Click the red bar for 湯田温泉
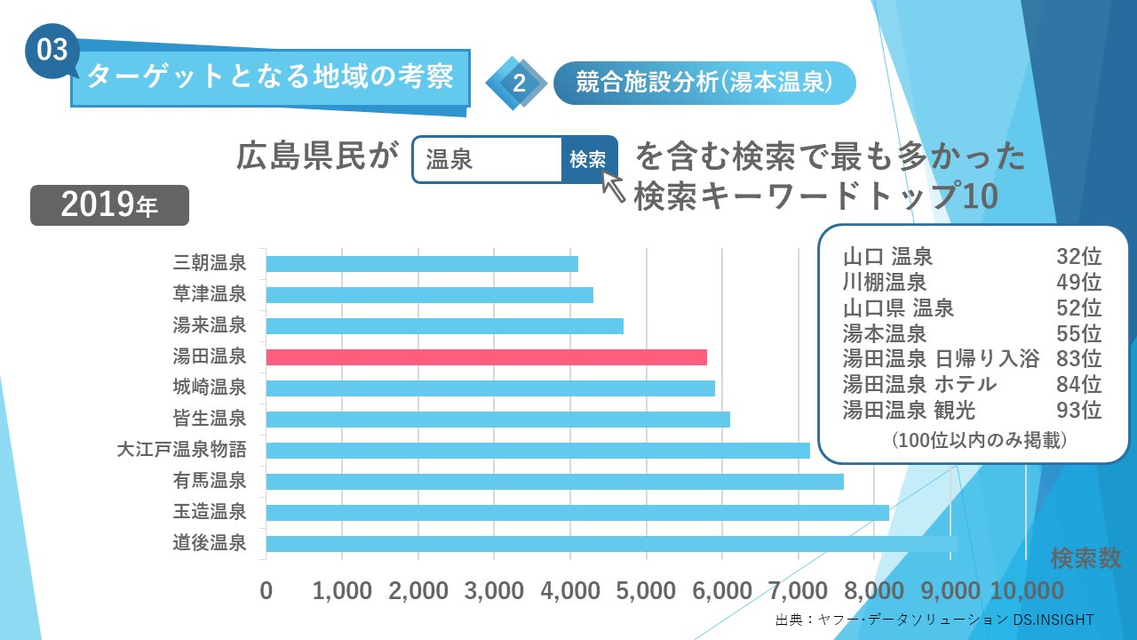pyautogui.click(x=487, y=357)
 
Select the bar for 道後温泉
pyautogui.click(x=611, y=543)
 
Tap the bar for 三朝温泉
pyautogui.click(x=422, y=264)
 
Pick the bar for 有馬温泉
pyautogui.click(x=554, y=481)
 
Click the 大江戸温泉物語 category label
pyautogui.click(x=181, y=450)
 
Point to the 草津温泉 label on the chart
pyautogui.click(x=210, y=294)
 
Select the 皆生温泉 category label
pyautogui.click(x=210, y=419)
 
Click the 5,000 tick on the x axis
pyautogui.click(x=647, y=591)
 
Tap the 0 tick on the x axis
pyautogui.click(x=266, y=591)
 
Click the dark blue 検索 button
pyautogui.click(x=588, y=159)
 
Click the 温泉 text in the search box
pyautogui.click(x=449, y=160)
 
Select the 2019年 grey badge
pyautogui.click(x=110, y=205)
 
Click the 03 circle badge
pyautogui.click(x=52, y=50)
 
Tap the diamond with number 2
pyautogui.click(x=518, y=83)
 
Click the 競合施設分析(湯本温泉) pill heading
pyautogui.click(x=704, y=83)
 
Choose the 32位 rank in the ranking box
pyautogui.click(x=1078, y=257)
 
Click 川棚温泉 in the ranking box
pyautogui.click(x=885, y=283)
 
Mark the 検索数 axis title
pyautogui.click(x=1085, y=558)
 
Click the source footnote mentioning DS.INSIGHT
pyautogui.click(x=934, y=620)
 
